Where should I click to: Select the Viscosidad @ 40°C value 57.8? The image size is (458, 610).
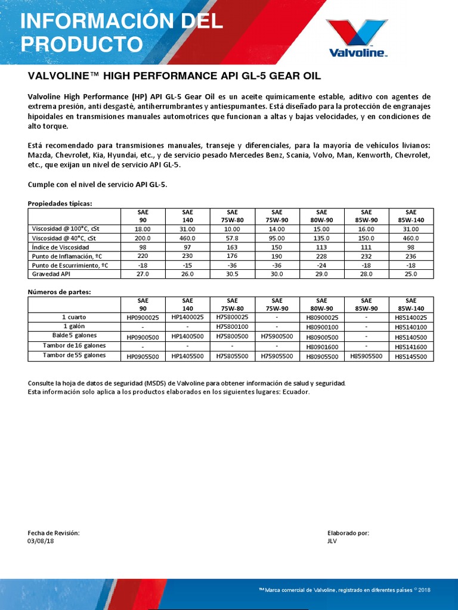pyautogui.click(x=232, y=237)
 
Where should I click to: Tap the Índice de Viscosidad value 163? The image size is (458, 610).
pyautogui.click(x=232, y=247)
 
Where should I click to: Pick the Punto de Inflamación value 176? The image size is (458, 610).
pyautogui.click(x=232, y=256)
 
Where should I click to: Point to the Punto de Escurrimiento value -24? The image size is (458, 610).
pyautogui.click(x=321, y=264)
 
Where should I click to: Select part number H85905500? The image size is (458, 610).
pyautogui.click(x=366, y=356)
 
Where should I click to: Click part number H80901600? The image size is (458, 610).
pyautogui.click(x=321, y=347)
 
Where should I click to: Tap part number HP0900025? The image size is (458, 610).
pyautogui.click(x=143, y=318)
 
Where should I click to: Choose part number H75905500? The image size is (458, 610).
pyautogui.click(x=277, y=356)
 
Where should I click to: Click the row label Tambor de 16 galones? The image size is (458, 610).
pyautogui.click(x=75, y=346)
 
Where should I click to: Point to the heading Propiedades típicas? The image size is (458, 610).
pyautogui.click(x=60, y=203)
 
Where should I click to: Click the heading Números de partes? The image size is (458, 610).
pyautogui.click(x=59, y=292)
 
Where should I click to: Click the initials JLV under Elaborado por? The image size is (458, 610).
pyautogui.click(x=333, y=541)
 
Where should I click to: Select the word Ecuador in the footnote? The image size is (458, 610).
pyautogui.click(x=295, y=392)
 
